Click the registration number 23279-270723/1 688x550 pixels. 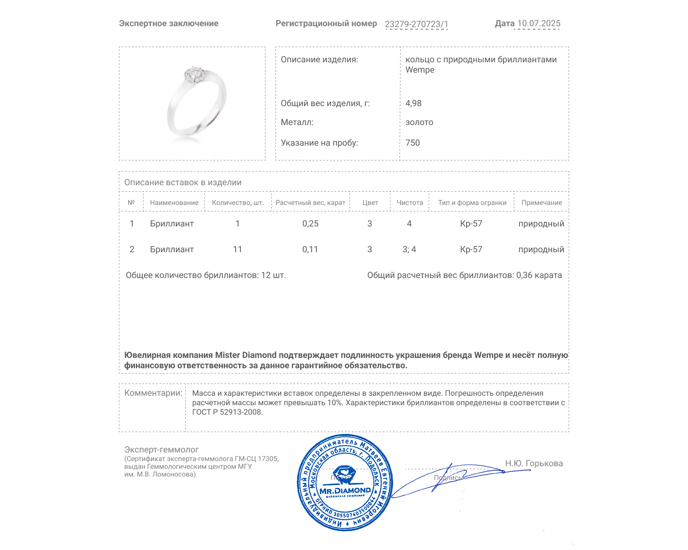416,24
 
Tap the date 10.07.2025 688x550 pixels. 538,24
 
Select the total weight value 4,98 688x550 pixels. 413,103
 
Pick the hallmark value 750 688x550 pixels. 412,143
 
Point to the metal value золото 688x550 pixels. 419,122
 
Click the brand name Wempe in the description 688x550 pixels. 420,70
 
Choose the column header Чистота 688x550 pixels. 409,203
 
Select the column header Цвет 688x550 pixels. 370,203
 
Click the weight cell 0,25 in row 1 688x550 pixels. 310,223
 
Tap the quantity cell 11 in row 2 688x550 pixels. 237,249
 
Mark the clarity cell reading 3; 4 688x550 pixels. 409,249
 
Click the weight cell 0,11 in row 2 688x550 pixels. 310,249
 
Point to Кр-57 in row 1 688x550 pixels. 471,223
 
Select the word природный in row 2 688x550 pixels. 541,249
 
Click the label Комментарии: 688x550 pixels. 153,393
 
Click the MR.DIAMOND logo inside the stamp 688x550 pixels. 345,490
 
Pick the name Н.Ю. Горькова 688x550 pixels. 534,463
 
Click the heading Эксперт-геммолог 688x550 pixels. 161,449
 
